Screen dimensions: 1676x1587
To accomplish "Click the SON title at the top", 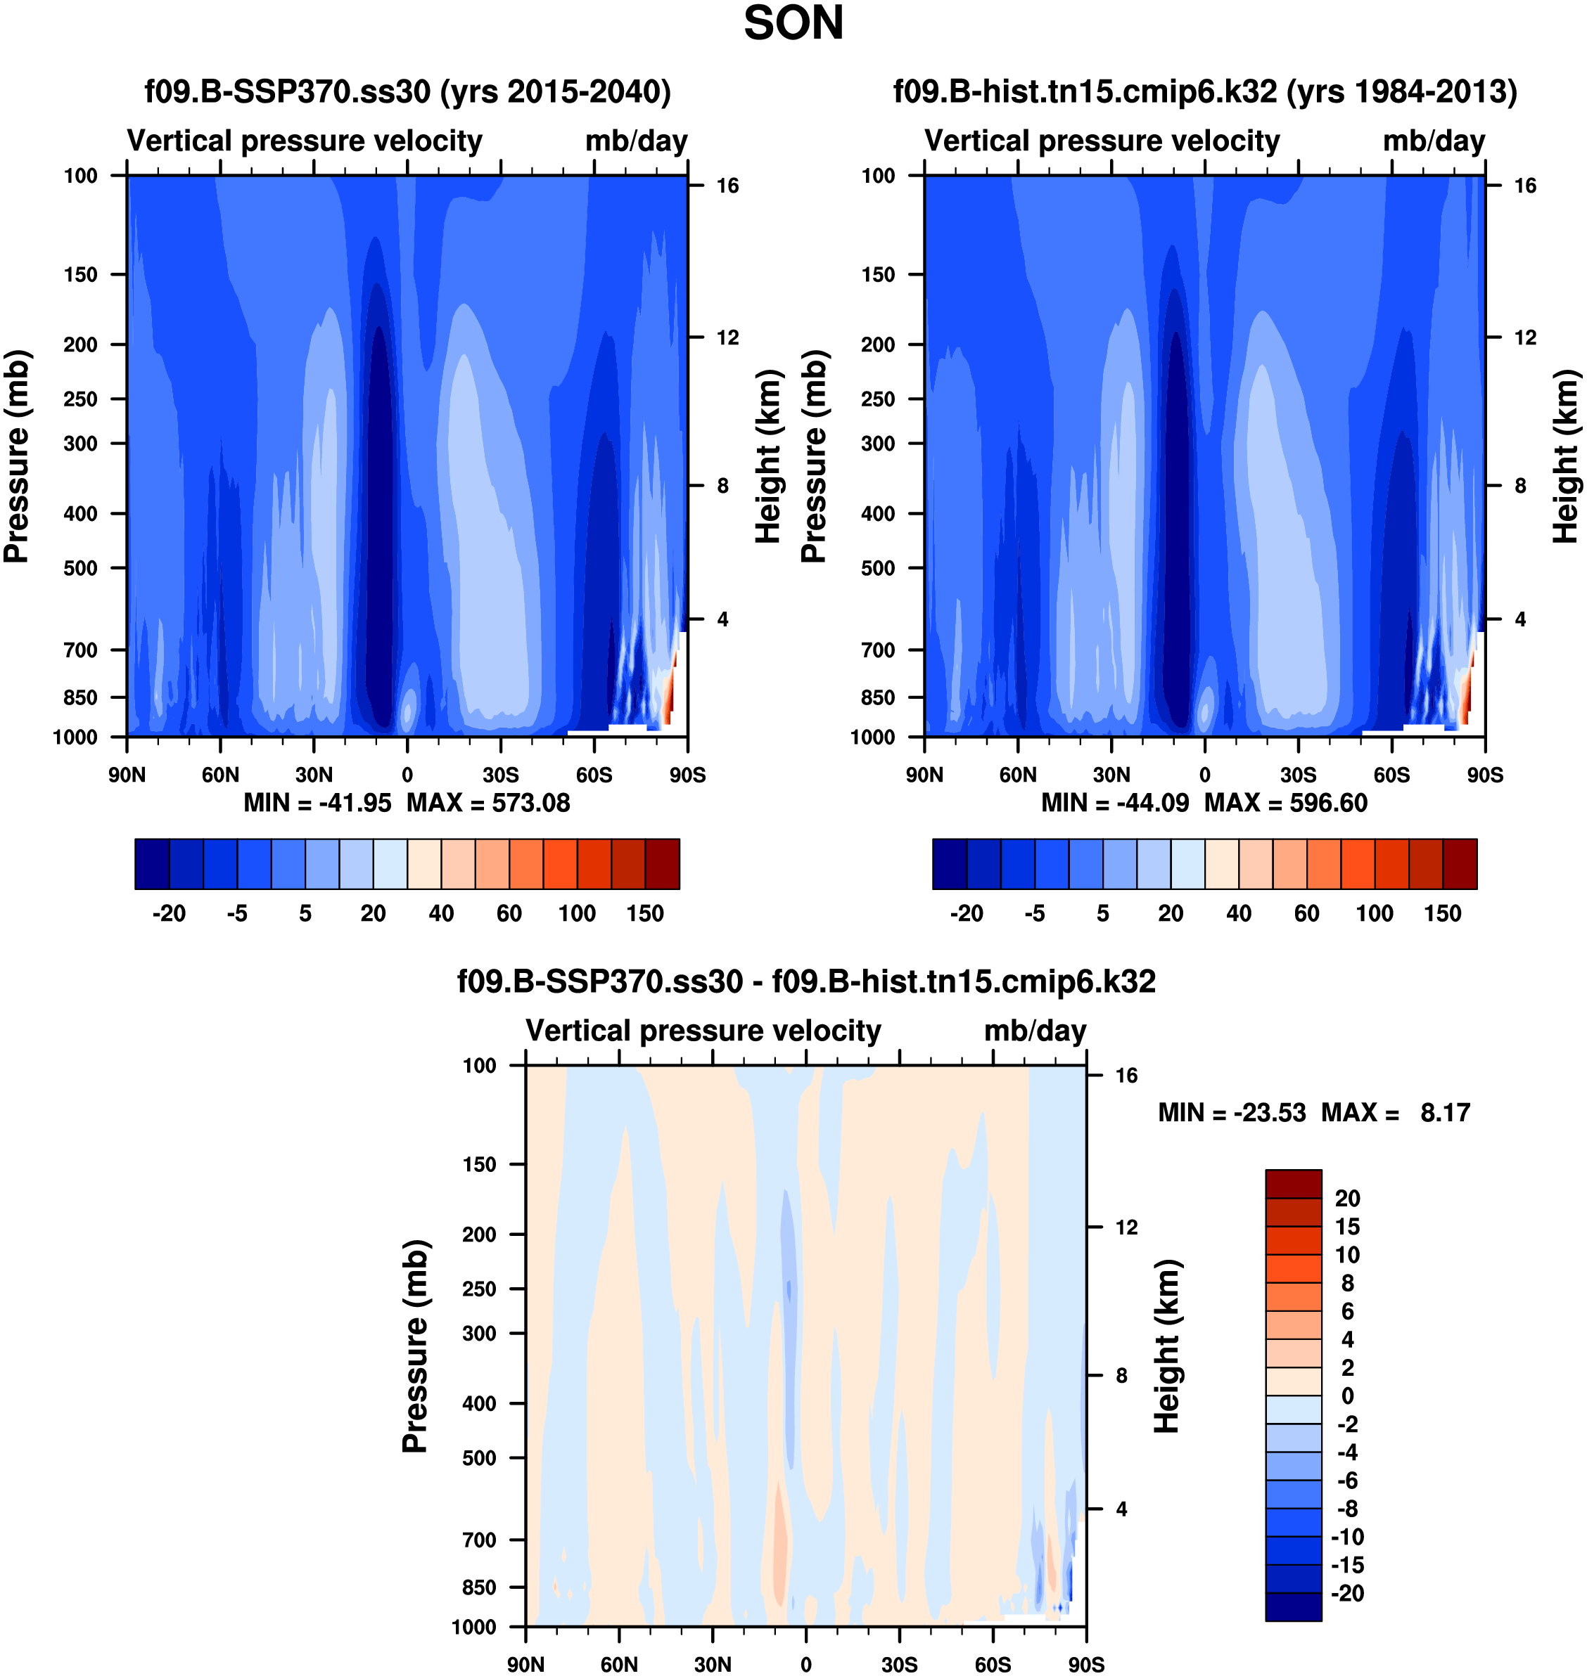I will [x=793, y=24].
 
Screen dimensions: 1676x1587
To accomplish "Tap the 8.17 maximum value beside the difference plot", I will [x=1445, y=1113].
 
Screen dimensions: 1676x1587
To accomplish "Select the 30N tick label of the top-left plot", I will [x=314, y=775].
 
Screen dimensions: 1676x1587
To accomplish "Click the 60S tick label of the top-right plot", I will [x=1391, y=775].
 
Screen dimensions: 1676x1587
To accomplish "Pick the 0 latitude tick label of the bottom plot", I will [x=805, y=1664].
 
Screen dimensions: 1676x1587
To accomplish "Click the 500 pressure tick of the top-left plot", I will [x=80, y=568].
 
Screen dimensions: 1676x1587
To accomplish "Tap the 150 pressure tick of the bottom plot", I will [x=479, y=1164].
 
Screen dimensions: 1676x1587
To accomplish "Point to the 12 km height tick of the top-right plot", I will [x=1524, y=337].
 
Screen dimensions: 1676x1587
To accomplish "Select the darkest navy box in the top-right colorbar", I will [x=949, y=864].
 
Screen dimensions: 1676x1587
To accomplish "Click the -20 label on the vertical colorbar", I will [x=1348, y=1593].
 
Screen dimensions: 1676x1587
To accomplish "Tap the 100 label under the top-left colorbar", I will [x=577, y=914].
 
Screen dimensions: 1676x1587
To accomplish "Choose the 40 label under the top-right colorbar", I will [x=1239, y=914].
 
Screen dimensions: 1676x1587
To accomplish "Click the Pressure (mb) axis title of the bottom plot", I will [x=415, y=1346].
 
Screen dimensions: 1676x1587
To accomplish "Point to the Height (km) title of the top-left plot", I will [x=767, y=457].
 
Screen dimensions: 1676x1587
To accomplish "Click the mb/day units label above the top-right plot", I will [x=1434, y=141].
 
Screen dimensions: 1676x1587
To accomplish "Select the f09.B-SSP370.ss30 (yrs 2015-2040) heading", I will [x=408, y=91].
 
